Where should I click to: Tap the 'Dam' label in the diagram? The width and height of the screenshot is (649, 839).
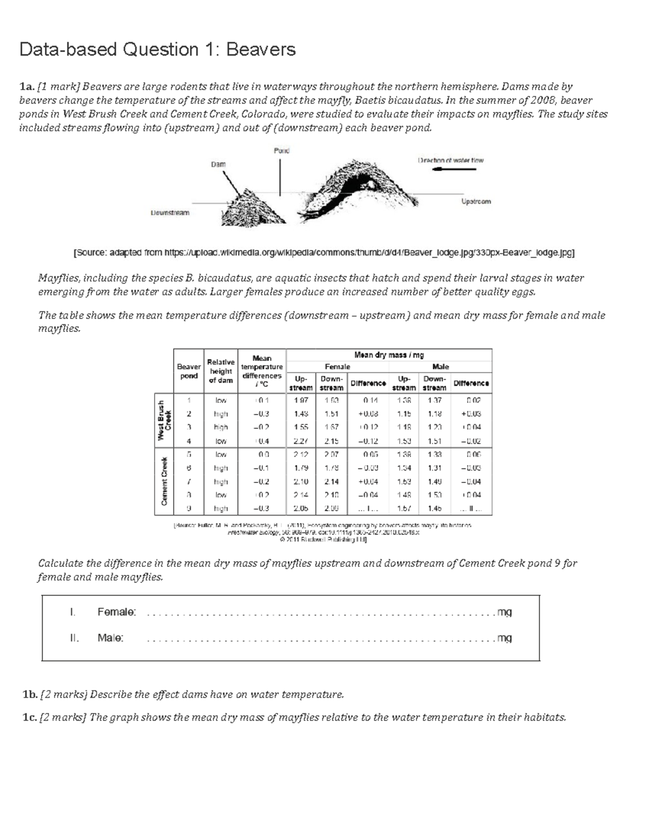coord(218,164)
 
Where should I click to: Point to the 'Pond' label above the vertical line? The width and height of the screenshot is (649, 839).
coord(281,151)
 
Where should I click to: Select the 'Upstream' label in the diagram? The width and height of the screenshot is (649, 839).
coord(476,202)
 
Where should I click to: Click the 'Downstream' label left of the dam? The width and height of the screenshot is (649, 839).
coord(170,213)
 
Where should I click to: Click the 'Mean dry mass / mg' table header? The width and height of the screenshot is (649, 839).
coord(389,355)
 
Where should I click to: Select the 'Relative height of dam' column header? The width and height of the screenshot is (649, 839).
coord(221,371)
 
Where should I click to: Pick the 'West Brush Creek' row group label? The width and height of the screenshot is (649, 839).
coord(164,420)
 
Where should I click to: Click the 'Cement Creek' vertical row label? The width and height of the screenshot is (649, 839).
coord(164,481)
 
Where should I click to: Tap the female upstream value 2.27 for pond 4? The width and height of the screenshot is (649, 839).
coord(301,441)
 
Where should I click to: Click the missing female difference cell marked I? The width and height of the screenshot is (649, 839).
coord(367,508)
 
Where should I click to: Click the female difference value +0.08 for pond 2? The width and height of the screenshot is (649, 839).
coord(367,414)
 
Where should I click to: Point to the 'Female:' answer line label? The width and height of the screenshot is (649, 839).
coord(117,612)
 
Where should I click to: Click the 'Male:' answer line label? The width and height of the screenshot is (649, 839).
coord(110,638)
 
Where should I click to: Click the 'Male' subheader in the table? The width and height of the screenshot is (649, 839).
coord(441,367)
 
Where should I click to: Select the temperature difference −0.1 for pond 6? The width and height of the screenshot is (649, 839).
coord(262,468)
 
